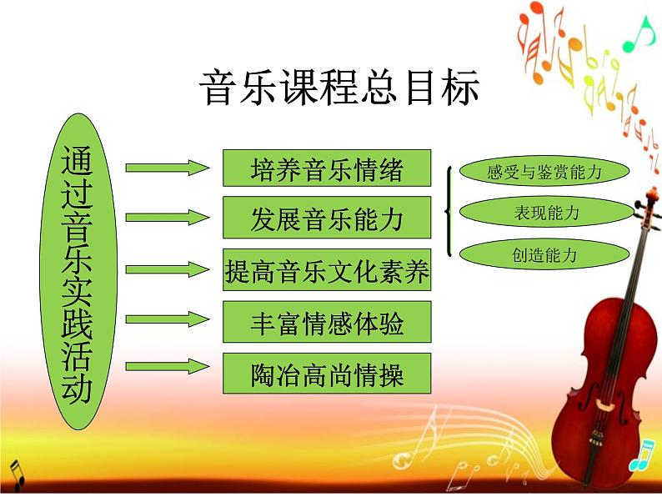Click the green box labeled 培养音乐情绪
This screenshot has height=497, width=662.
point(327,168)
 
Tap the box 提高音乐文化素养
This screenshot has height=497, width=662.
point(327,269)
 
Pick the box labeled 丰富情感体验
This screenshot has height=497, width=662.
point(327,321)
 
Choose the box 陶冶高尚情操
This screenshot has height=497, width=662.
point(327,374)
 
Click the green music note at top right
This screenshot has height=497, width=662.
point(641,34)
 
